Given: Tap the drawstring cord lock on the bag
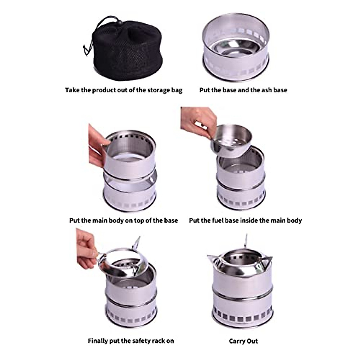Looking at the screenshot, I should click(x=119, y=22).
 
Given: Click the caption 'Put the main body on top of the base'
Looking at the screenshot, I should click(x=124, y=220).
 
